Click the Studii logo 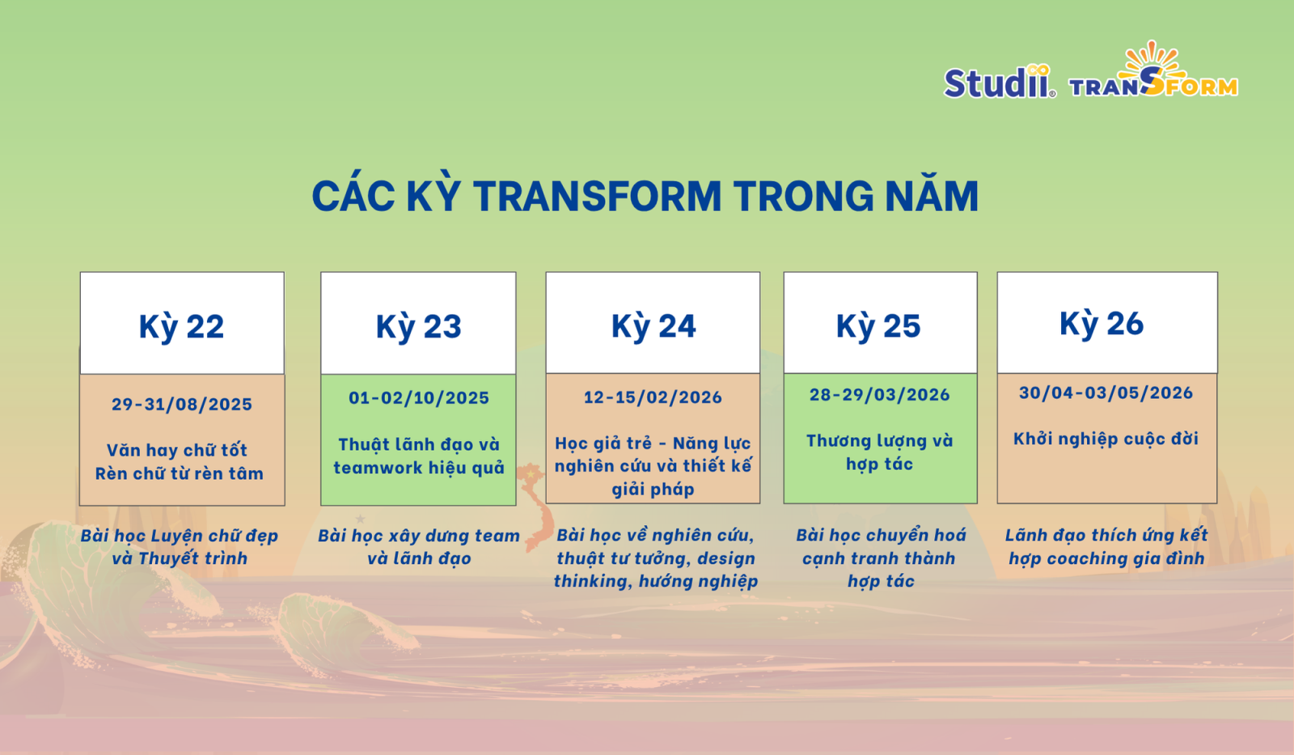coord(1000,82)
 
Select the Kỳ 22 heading coord(181,327)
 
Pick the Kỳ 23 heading coord(419,327)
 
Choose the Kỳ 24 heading coord(653,326)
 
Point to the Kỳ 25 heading coord(878,326)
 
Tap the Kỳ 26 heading coord(1102,324)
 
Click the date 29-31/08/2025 coord(182,404)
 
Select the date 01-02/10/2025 coord(419,398)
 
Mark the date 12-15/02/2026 coord(653,397)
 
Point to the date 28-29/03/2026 coord(879,395)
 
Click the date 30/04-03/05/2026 coord(1106,393)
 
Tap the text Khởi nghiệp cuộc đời coord(1106,439)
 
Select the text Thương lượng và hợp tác coord(879,452)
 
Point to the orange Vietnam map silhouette coord(535,507)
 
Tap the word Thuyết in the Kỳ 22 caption coord(167,559)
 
